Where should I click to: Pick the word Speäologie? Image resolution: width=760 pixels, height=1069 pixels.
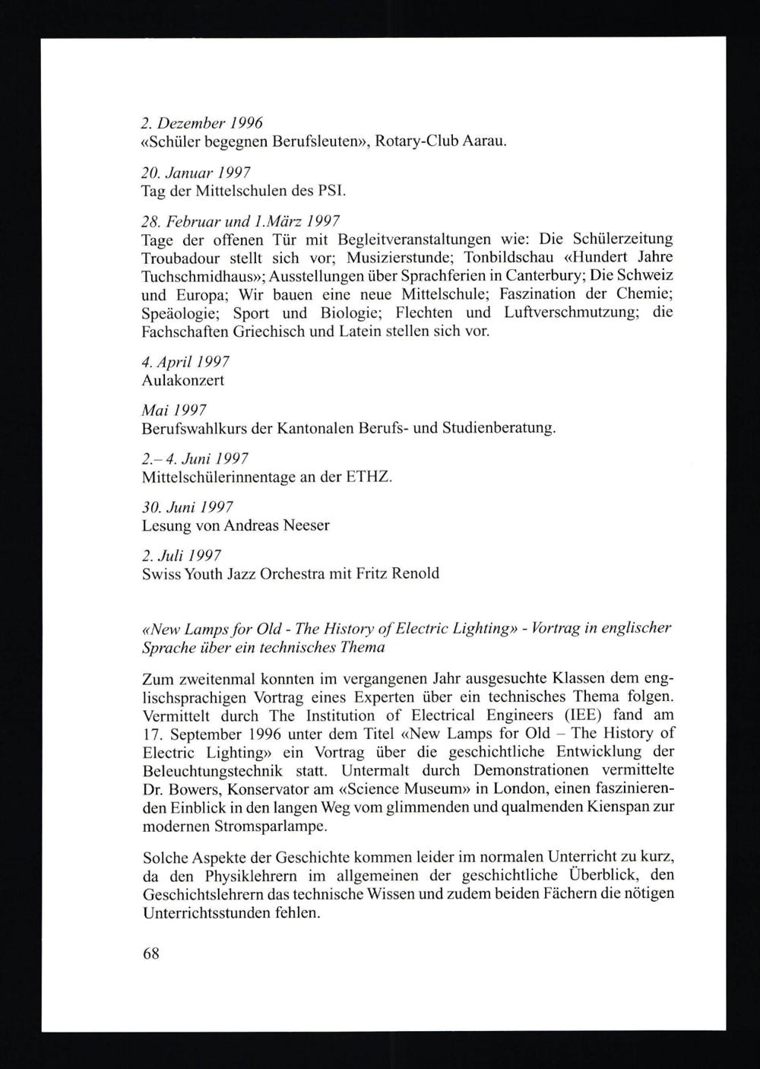click(179, 313)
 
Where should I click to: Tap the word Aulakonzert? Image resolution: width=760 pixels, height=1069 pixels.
click(183, 380)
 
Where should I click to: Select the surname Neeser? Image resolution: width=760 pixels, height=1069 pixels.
click(306, 525)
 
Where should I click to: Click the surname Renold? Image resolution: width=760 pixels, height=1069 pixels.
click(415, 573)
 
